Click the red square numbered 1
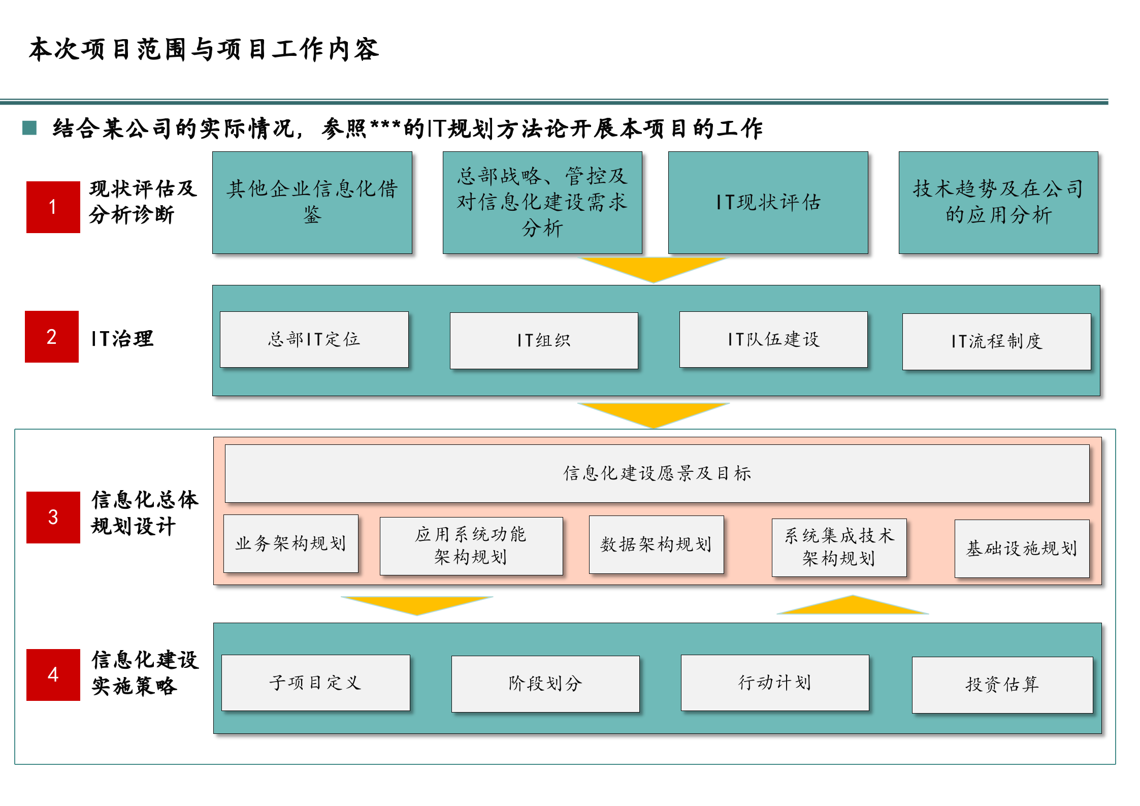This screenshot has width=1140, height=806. coord(53,207)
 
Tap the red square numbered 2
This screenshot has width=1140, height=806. coord(52,336)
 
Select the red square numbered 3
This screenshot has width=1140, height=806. coord(53,517)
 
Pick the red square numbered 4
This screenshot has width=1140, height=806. coord(53,674)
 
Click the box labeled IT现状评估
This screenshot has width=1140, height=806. coord(768,203)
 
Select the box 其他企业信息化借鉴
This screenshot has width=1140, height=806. coord(312,203)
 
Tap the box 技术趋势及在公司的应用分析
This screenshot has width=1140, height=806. coord(998,203)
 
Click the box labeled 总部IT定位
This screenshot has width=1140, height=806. coord(314,339)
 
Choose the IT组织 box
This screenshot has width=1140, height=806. coord(543,340)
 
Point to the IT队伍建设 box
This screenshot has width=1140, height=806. coord(773,339)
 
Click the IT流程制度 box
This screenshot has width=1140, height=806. coord(996,341)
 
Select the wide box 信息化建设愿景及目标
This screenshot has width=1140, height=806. coord(657,473)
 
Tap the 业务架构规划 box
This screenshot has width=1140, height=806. coord(290,543)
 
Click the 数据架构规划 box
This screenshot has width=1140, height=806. coord(656,544)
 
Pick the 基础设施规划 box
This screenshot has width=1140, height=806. coord(1022,549)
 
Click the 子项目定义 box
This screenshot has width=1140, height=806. coord(315,683)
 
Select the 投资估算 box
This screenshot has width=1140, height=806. coord(1002,685)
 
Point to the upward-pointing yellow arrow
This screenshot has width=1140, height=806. coord(853,605)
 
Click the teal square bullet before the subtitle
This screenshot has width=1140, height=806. coord(29,128)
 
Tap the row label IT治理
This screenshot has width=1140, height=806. coord(122,339)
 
